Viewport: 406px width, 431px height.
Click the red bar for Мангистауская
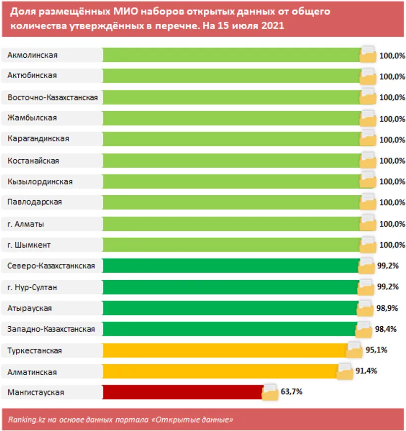coord(183,392)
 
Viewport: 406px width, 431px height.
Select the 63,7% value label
coord(291,392)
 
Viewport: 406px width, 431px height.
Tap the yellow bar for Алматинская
coord(220,371)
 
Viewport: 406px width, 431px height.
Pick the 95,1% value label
coord(376,350)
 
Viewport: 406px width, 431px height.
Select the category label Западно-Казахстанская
coord(51,329)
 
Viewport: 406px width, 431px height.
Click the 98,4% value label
coord(384,329)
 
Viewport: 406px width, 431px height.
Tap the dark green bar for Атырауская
coord(230,308)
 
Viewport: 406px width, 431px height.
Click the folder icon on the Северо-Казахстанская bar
coord(366,266)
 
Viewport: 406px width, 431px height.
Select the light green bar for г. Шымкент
coord(231,245)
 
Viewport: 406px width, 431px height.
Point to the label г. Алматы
coord(26,224)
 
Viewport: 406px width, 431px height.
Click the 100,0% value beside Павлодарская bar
coord(392,203)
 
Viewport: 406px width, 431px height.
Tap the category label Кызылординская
coord(40,182)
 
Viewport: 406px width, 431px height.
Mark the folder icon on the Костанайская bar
coord(368,161)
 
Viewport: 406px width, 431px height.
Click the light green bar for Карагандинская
coord(231,139)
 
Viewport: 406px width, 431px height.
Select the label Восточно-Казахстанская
coord(52,98)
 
